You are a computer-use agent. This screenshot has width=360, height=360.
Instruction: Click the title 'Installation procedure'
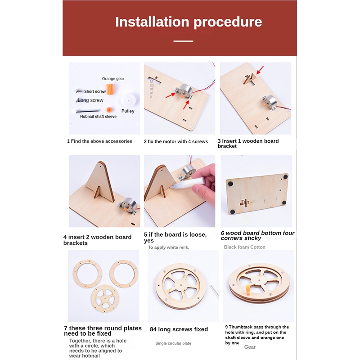(189, 22)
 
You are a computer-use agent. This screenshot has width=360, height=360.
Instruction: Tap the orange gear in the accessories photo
(110, 89)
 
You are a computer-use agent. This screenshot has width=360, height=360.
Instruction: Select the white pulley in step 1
(128, 100)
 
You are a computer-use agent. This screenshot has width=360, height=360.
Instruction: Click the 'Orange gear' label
(113, 79)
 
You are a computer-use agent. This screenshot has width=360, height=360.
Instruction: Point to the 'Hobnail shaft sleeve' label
(98, 117)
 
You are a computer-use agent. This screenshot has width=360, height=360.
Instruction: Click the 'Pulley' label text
(128, 111)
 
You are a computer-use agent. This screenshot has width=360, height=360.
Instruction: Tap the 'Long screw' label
(90, 100)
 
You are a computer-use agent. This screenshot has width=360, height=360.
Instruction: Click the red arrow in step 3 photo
(260, 70)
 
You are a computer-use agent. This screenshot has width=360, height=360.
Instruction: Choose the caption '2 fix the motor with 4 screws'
(176, 141)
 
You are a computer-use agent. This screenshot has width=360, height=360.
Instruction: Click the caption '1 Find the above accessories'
(99, 141)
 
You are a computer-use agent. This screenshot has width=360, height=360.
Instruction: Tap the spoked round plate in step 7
(105, 299)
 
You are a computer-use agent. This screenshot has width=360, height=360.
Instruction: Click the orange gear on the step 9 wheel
(248, 290)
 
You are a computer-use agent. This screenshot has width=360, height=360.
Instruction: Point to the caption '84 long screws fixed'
(179, 329)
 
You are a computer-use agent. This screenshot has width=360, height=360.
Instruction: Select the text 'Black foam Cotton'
(244, 247)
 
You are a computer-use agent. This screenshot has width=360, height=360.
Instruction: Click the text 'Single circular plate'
(173, 343)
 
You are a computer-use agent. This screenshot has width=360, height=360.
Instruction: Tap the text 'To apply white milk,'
(168, 247)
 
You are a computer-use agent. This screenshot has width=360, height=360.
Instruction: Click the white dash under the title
(183, 41)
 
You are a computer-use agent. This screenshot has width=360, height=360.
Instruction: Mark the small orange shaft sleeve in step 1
(109, 110)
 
